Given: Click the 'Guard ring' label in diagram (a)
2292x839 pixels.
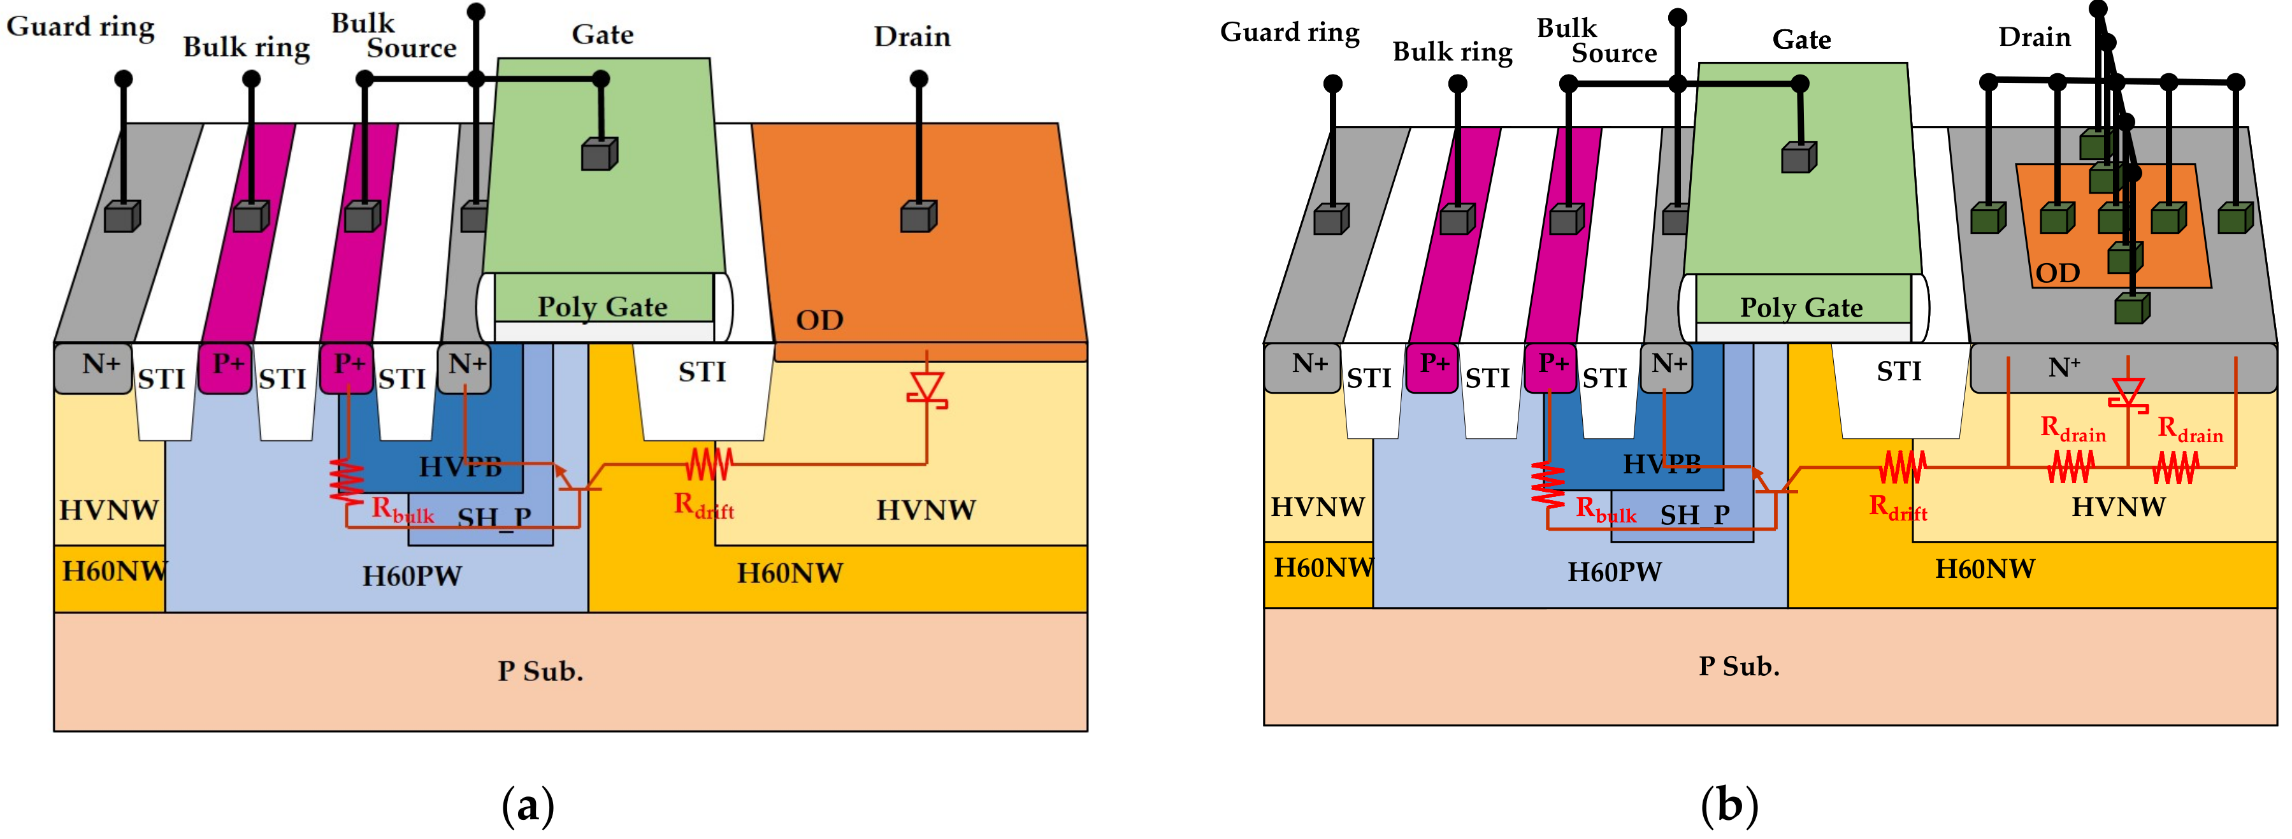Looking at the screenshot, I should click(80, 27).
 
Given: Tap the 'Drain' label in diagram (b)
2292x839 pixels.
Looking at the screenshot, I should click(2034, 38).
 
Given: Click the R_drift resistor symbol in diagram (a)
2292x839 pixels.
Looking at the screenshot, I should click(709, 464).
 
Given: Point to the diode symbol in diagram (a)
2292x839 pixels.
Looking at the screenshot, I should click(926, 388).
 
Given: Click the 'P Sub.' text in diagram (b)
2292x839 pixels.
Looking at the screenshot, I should click(1738, 666).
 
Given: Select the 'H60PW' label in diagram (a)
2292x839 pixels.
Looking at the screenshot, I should click(412, 576).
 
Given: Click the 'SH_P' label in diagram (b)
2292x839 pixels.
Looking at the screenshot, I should click(1695, 514).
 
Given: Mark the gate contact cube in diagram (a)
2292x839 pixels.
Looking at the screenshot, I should click(599, 154).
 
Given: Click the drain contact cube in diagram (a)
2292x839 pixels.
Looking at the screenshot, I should click(918, 216).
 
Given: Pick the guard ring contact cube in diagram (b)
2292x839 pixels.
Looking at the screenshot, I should click(1331, 219).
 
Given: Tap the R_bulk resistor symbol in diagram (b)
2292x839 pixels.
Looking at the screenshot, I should click(1548, 485).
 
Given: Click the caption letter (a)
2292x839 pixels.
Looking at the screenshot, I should click(528, 806).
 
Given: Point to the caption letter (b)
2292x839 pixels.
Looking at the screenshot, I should click(1729, 806).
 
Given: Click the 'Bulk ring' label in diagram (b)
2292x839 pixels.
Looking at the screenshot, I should click(1452, 52).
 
